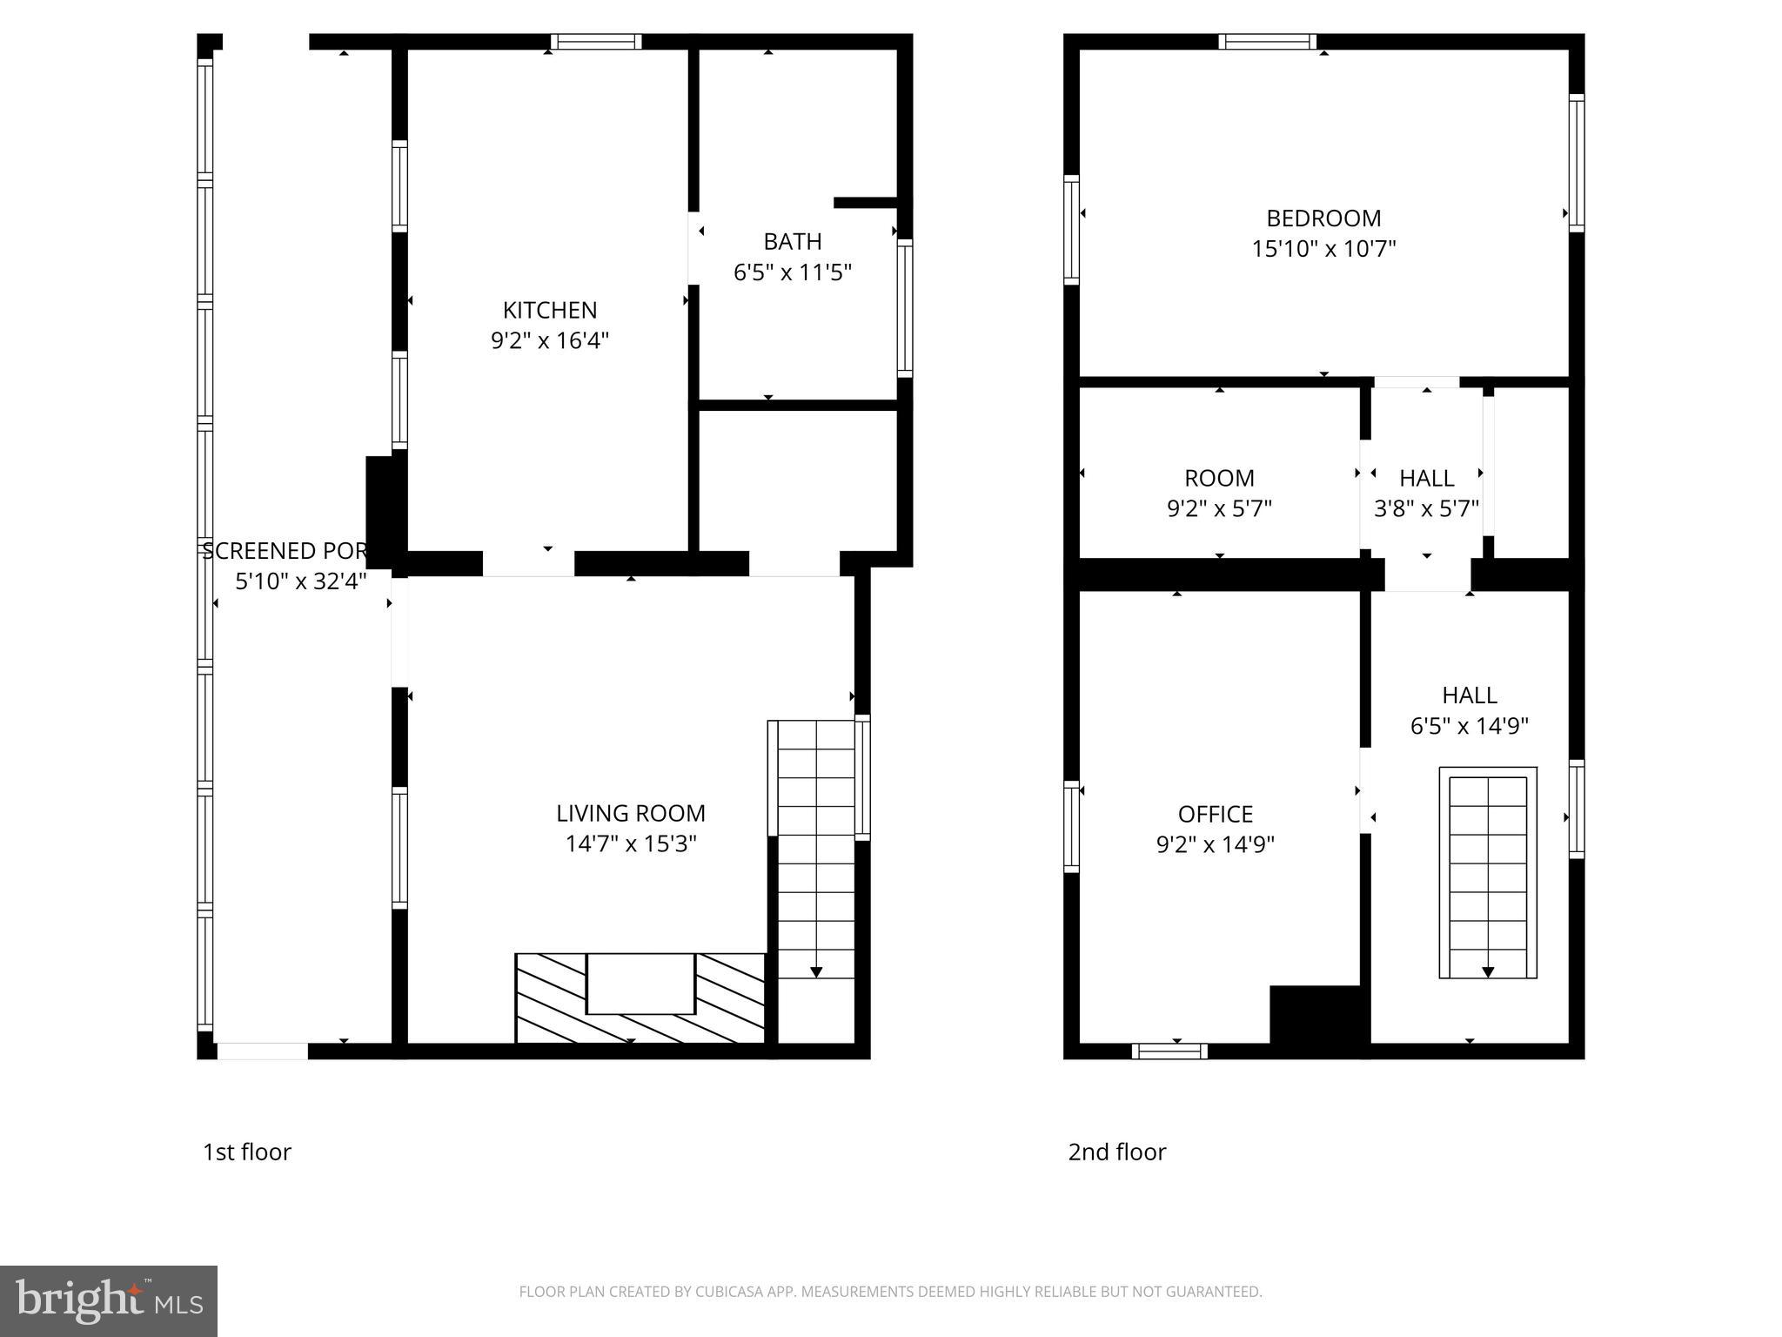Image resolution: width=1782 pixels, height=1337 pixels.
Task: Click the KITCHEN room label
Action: [549, 310]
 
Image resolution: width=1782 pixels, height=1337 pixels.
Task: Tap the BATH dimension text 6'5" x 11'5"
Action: [792, 272]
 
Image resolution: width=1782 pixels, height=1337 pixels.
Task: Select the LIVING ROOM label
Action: [630, 813]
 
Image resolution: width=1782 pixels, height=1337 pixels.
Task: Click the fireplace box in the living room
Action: [640, 984]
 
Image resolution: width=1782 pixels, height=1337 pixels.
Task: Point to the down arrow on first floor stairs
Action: [816, 971]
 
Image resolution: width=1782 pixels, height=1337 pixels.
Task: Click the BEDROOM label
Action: [1323, 218]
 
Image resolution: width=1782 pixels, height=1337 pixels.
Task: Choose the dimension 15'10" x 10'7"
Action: [1323, 249]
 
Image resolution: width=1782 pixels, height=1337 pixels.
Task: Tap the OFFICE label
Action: [1215, 814]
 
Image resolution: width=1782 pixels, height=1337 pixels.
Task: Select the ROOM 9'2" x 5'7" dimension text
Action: [1219, 508]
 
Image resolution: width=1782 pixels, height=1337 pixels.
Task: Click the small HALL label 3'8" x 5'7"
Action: [1426, 478]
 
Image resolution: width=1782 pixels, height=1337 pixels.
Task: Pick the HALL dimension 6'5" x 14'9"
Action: [1469, 726]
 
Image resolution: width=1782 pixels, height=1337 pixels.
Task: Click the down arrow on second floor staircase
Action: [1488, 971]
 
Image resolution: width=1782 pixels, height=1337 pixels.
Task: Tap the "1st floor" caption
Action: [247, 1152]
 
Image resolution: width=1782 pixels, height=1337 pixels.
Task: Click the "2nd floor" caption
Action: [1116, 1152]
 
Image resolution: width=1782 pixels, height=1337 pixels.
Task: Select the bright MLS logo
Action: [109, 1300]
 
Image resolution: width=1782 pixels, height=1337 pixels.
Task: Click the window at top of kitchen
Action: [597, 42]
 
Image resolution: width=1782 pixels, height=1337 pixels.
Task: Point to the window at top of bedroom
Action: [1267, 42]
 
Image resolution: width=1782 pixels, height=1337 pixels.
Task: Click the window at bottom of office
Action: [1169, 1051]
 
